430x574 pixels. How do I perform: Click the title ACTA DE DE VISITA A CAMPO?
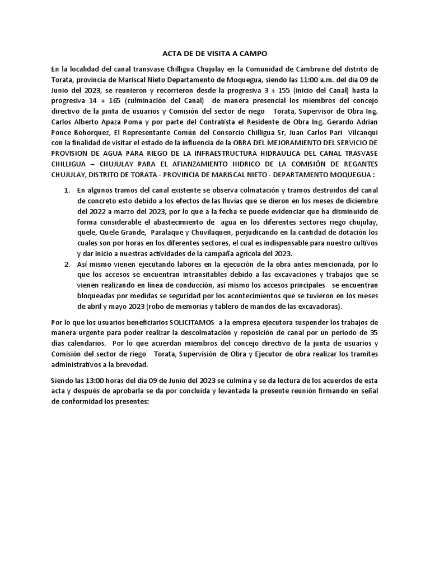click(215, 54)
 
